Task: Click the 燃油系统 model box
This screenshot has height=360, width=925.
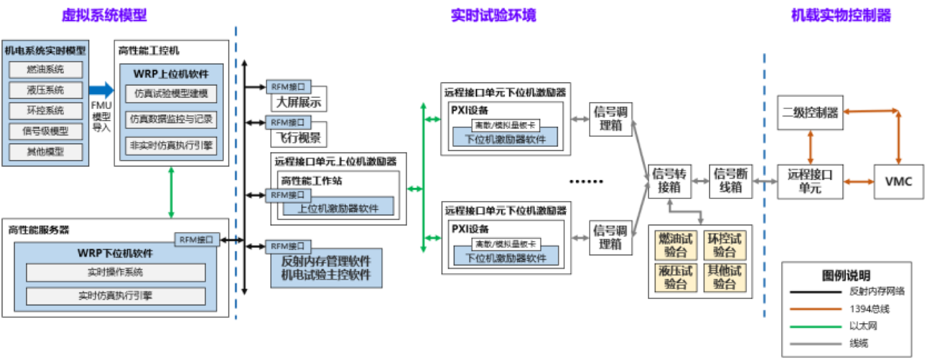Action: (x=46, y=69)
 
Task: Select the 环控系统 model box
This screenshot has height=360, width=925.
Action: (x=46, y=111)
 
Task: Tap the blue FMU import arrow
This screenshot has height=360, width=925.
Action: (x=101, y=90)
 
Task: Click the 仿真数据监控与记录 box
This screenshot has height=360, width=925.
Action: (x=171, y=120)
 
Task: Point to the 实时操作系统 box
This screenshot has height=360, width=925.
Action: (x=115, y=272)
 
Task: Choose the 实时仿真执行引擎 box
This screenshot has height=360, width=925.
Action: (x=115, y=296)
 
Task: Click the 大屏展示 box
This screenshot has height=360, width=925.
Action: (x=298, y=102)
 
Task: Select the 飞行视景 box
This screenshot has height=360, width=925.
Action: (x=298, y=138)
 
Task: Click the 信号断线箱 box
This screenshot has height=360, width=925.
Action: (x=731, y=181)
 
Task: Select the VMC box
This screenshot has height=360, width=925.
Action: (x=898, y=181)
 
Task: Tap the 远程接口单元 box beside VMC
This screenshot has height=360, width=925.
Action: (x=810, y=181)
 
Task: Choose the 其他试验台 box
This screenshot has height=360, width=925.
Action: (x=725, y=277)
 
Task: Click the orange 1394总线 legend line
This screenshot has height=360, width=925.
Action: (x=815, y=309)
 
